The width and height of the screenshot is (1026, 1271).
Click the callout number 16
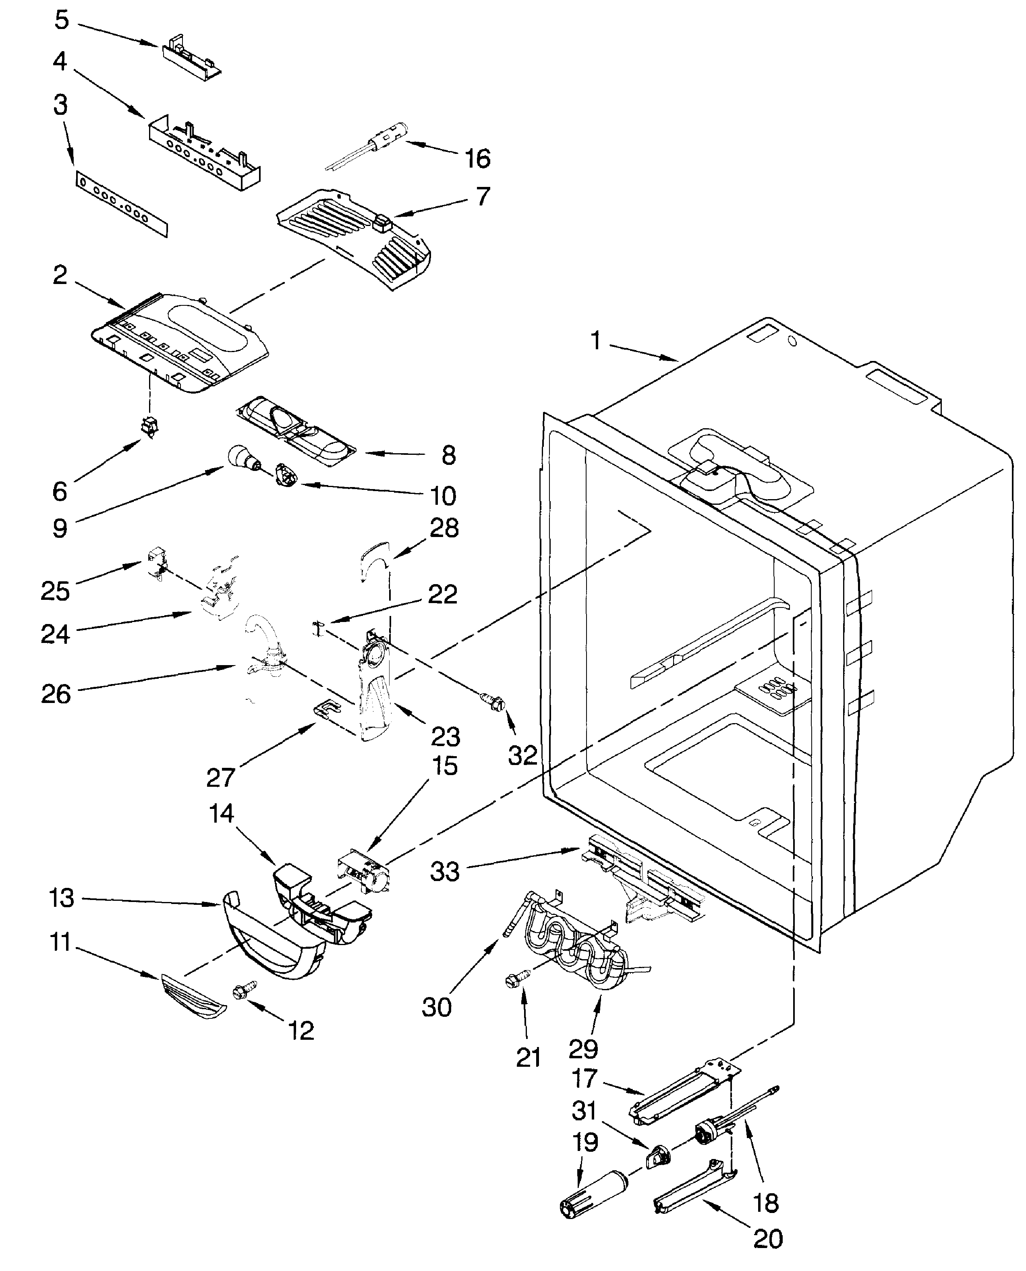coord(477,158)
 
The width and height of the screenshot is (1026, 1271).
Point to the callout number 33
coord(444,871)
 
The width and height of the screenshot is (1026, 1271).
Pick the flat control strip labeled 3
coord(121,204)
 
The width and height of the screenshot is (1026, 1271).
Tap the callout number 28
coord(444,528)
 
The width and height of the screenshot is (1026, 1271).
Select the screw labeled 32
coord(495,703)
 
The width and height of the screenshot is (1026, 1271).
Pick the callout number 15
coord(444,766)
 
